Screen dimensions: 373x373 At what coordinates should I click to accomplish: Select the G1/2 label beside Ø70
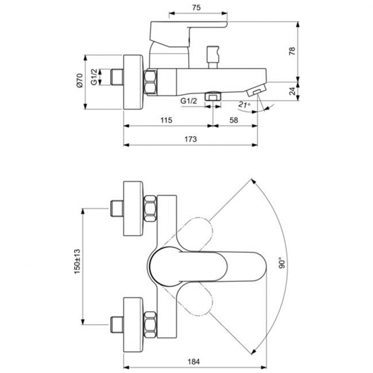point(94,77)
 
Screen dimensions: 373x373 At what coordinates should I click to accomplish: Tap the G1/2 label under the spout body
point(188,100)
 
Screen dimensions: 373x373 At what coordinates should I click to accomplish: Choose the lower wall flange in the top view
point(134,322)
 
